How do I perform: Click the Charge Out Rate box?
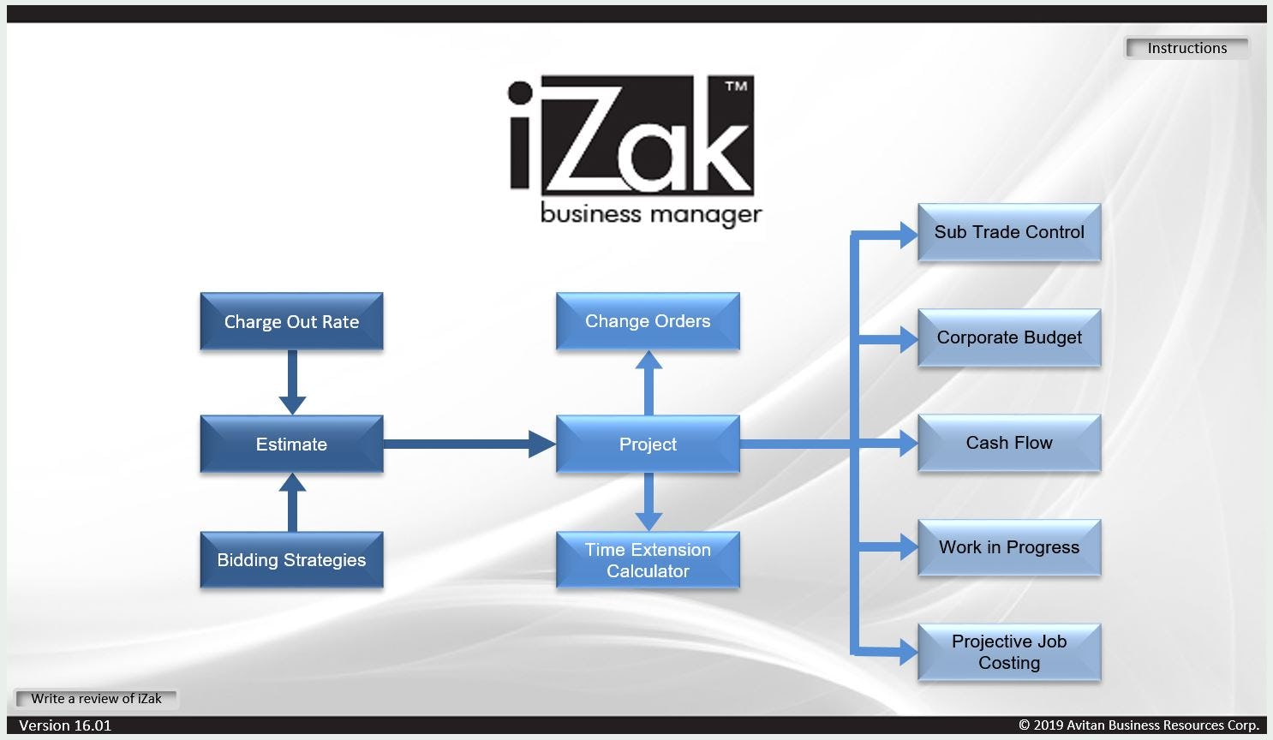291,322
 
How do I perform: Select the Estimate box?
291,445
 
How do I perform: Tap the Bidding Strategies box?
291,560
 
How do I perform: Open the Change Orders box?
648,321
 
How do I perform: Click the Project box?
648,445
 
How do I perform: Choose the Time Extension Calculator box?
648,560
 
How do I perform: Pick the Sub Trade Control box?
1009,232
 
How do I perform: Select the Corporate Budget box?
1009,337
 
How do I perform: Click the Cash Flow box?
1009,443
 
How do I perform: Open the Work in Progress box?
1009,547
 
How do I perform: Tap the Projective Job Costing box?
1009,652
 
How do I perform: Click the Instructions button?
1186,48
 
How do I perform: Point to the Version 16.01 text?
65,725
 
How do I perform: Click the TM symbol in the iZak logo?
736,86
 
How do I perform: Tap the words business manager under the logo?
651,213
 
